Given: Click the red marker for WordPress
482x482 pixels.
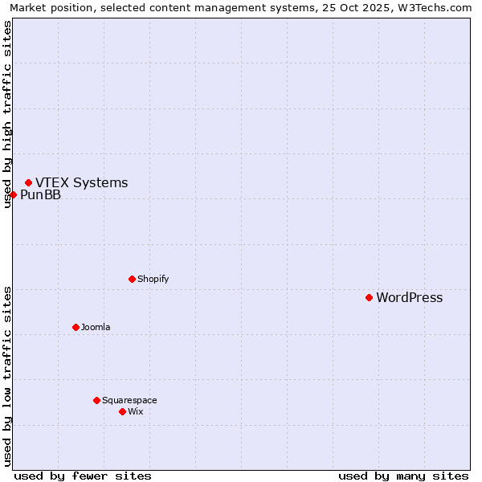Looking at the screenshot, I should pyautogui.click(x=369, y=297).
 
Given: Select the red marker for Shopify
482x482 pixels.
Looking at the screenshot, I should pyautogui.click(x=132, y=279).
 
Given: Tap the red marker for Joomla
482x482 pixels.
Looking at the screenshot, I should pyautogui.click(x=76, y=327).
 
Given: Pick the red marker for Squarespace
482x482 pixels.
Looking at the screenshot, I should pyautogui.click(x=96, y=400).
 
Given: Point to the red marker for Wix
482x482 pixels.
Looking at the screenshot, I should pyautogui.click(x=122, y=411).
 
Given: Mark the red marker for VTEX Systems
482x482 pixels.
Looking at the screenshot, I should pyautogui.click(x=28, y=182).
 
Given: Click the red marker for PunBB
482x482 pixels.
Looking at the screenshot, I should pyautogui.click(x=13, y=194).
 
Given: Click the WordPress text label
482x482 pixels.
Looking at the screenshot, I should pyautogui.click(x=409, y=298).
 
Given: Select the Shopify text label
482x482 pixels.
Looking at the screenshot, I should pyautogui.click(x=153, y=280).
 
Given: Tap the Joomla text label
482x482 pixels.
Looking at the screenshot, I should pyautogui.click(x=96, y=328).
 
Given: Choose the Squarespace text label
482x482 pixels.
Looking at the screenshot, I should pyautogui.click(x=129, y=401).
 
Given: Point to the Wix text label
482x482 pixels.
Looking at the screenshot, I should pyautogui.click(x=135, y=412).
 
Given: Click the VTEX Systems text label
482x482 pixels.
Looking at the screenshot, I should pyautogui.click(x=81, y=183).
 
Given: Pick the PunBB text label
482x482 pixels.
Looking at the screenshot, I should pyautogui.click(x=40, y=195).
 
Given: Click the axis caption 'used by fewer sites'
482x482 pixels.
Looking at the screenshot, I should pyautogui.click(x=83, y=476).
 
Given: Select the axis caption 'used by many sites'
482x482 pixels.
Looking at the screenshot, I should pyautogui.click(x=403, y=476).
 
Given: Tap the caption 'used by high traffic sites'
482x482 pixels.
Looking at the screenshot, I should pyautogui.click(x=7, y=114).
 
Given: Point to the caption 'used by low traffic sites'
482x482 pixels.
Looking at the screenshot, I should pyautogui.click(x=7, y=376).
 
